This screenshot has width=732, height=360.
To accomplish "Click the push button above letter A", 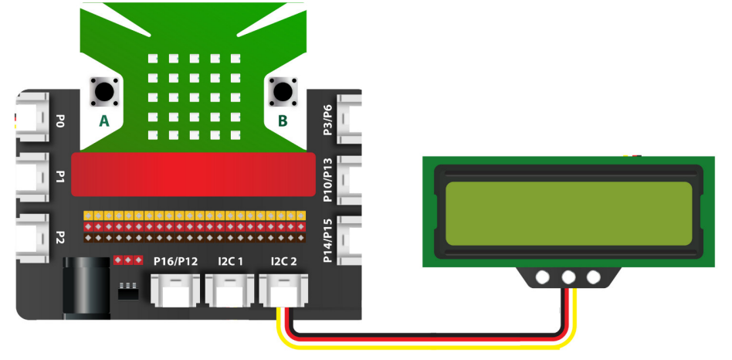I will pyautogui.click(x=104, y=93).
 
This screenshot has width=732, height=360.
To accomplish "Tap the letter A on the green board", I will pyautogui.click(x=104, y=121).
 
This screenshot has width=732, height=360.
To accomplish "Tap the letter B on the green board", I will pyautogui.click(x=282, y=121).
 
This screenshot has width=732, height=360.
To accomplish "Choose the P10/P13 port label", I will pyautogui.click(x=327, y=180).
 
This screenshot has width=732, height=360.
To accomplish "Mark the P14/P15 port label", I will pyautogui.click(x=327, y=240).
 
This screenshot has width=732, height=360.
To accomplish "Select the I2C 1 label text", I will pyautogui.click(x=229, y=262).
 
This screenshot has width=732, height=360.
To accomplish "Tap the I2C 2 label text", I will pyautogui.click(x=283, y=262).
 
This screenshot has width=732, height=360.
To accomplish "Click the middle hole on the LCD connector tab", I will pyautogui.click(x=569, y=277).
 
